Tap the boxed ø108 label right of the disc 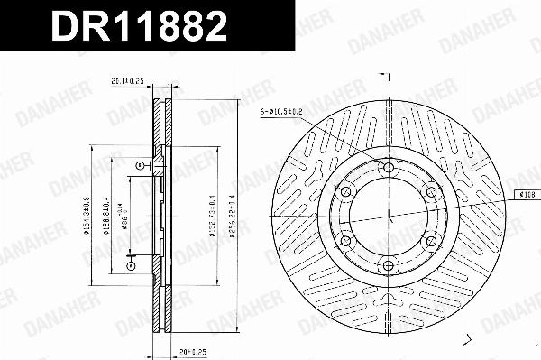coord(527,194)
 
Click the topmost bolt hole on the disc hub coord(389,169)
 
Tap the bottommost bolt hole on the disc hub coord(389,264)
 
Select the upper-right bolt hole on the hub coord(431,192)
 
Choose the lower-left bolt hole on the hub coord(347,241)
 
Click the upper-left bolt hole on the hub coord(347,192)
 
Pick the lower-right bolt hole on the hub coord(431,241)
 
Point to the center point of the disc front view coord(389,217)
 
